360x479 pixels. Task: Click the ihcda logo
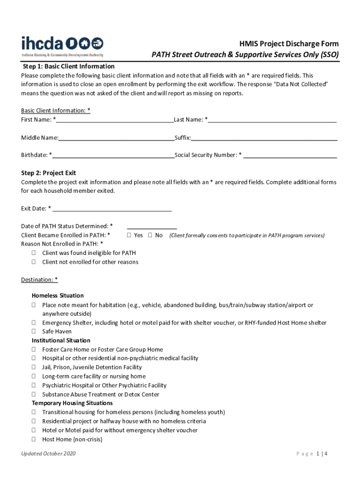(x=62, y=46)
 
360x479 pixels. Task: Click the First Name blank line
(x=115, y=120)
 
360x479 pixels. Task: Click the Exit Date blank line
(x=112, y=210)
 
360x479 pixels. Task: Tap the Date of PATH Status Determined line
(x=152, y=227)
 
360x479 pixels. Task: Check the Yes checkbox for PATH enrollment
(x=129, y=235)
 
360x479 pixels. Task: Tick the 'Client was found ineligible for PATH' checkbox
(x=34, y=253)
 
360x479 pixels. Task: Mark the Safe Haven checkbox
(x=34, y=332)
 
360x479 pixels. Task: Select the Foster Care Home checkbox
(x=34, y=349)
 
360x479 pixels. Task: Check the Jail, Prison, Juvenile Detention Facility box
(x=34, y=368)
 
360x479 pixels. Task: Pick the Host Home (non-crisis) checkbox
(x=34, y=440)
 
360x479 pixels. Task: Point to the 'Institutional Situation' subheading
(x=61, y=341)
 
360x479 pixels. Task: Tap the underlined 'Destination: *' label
(x=39, y=280)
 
